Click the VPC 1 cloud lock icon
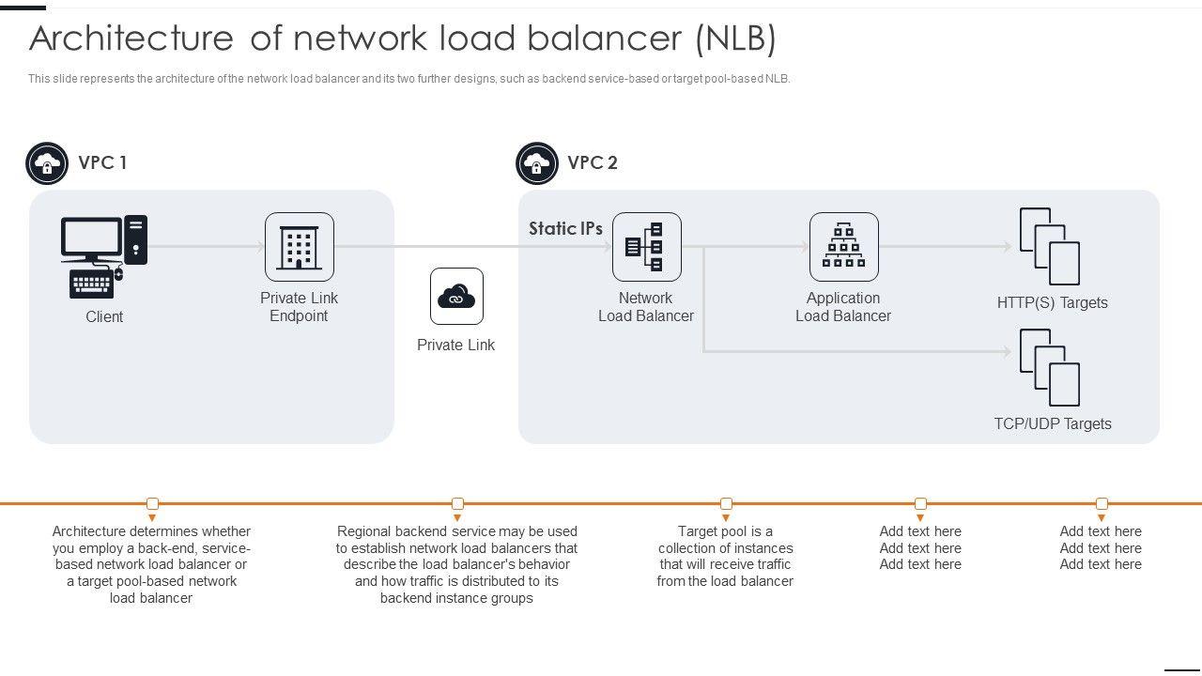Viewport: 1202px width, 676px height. click(47, 164)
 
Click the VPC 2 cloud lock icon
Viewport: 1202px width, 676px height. click(537, 164)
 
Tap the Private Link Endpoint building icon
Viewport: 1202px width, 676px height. click(300, 247)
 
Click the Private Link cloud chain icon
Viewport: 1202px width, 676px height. click(456, 297)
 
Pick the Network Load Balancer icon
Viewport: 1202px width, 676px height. click(647, 247)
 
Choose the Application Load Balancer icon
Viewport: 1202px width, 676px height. click(844, 247)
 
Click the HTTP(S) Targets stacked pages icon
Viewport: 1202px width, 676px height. click(1050, 247)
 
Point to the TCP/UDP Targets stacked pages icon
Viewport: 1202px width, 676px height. click(1050, 367)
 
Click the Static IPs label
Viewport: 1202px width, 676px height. click(565, 228)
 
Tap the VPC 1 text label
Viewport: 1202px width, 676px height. click(102, 162)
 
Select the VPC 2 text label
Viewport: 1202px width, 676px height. click(593, 162)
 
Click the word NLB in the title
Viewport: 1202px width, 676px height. click(736, 38)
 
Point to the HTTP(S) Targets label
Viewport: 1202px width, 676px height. click(1053, 302)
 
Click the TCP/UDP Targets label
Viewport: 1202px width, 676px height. click(1053, 423)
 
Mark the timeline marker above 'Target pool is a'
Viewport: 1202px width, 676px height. click(726, 504)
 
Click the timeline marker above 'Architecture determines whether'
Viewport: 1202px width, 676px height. click(153, 504)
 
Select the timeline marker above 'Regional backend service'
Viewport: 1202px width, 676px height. click(457, 504)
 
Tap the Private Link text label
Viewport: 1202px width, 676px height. click(455, 345)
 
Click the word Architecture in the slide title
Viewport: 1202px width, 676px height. click(131, 38)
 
